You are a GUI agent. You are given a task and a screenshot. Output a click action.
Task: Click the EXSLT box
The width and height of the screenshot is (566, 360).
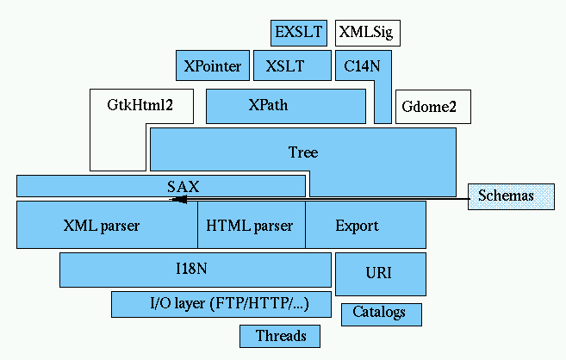click(297, 33)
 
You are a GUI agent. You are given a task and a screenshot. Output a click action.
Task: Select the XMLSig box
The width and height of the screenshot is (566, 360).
click(368, 33)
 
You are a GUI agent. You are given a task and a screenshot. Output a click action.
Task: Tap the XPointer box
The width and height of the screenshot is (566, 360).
click(212, 65)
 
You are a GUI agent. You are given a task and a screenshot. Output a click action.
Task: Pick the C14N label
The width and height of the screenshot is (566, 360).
click(358, 65)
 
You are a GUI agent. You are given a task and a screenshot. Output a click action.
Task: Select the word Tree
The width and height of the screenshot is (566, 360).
click(302, 152)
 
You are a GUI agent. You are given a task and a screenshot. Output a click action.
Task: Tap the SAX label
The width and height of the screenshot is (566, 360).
click(183, 185)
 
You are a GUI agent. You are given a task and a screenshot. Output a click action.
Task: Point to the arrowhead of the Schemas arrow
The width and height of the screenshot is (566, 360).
click(176, 200)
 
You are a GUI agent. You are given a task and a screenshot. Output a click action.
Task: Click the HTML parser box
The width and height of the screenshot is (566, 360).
click(251, 226)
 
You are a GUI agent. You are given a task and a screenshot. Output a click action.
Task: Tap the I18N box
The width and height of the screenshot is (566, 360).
click(195, 269)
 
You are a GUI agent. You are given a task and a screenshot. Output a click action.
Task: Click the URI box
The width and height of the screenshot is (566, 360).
click(379, 274)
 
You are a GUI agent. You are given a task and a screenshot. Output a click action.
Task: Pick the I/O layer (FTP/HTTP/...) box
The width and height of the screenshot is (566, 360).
click(223, 304)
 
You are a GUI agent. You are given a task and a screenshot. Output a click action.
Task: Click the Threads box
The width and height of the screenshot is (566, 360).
click(281, 336)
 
